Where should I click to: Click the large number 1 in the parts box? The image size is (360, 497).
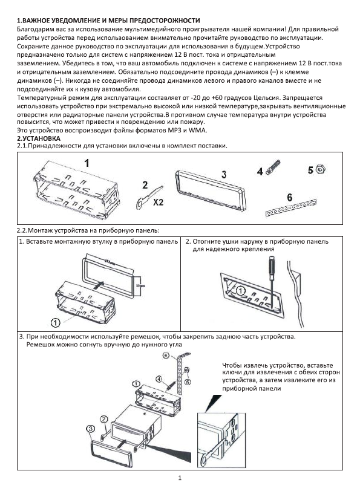[x=87, y=164]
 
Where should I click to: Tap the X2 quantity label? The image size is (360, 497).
[x=158, y=202]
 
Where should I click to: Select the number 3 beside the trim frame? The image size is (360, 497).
[x=224, y=174]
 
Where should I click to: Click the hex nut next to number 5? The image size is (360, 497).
[x=321, y=169]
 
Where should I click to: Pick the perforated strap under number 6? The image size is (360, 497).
[x=290, y=208]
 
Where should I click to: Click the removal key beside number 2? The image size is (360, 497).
[x=148, y=198]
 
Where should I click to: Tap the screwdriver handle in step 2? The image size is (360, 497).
[x=272, y=265]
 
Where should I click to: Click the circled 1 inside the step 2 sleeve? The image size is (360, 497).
[x=241, y=290]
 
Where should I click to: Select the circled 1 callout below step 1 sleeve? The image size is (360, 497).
[x=56, y=323]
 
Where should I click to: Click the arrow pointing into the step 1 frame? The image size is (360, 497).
[x=99, y=284]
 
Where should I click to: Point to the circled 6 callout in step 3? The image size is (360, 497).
[x=166, y=356]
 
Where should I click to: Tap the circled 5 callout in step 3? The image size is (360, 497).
[x=188, y=382]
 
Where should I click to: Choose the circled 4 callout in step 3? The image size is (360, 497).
[x=159, y=379]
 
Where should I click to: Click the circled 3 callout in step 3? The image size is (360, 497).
[x=90, y=429]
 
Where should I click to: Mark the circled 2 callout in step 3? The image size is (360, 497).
[x=104, y=420]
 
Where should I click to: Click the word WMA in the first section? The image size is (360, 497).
[x=197, y=130]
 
